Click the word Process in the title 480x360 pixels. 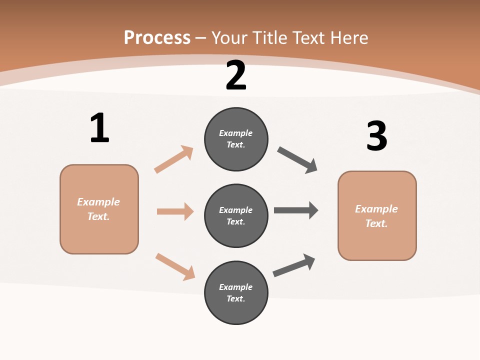(x=157, y=37)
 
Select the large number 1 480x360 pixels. (x=100, y=127)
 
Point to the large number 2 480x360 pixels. (x=236, y=75)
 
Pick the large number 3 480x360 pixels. (x=377, y=135)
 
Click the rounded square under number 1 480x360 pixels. (x=99, y=209)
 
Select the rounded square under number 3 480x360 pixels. (x=377, y=216)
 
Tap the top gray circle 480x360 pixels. (x=236, y=139)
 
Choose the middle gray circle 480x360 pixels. (x=236, y=216)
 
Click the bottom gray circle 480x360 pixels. (x=236, y=293)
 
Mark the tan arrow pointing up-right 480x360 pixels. (x=173, y=159)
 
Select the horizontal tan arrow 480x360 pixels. (x=175, y=211)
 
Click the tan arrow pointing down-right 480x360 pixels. (x=175, y=267)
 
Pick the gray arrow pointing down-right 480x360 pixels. (x=297, y=160)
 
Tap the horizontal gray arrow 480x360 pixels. (x=296, y=210)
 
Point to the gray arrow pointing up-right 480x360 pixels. (x=294, y=265)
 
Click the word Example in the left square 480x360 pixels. (x=98, y=202)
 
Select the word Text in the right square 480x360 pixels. (x=377, y=223)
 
